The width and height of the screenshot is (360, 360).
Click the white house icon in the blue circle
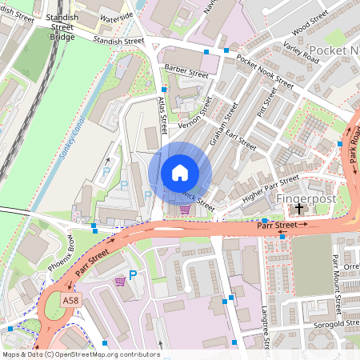click(x=180, y=172)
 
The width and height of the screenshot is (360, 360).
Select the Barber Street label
click(x=186, y=73)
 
